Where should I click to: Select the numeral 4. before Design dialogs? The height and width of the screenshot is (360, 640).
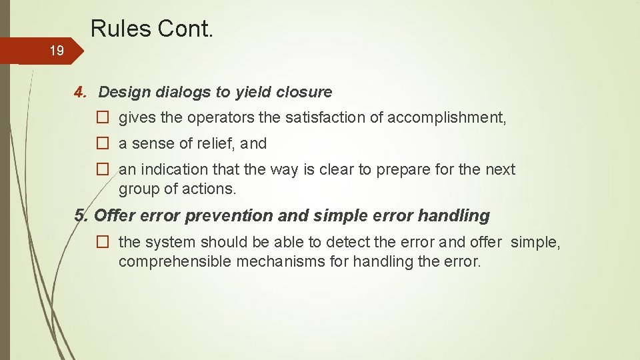(81, 91)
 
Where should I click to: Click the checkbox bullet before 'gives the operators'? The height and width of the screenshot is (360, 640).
(103, 118)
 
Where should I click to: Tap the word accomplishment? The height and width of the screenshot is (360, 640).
(447, 118)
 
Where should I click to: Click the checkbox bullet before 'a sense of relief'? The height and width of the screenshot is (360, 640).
(103, 143)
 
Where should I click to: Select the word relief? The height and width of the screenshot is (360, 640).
(219, 143)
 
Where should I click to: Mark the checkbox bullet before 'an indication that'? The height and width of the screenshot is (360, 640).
(103, 169)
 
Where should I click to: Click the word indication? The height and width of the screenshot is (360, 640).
(172, 169)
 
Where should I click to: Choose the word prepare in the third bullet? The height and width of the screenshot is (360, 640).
(402, 169)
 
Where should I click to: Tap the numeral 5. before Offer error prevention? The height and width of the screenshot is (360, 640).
(81, 215)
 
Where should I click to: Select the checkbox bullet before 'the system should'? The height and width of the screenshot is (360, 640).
(103, 242)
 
